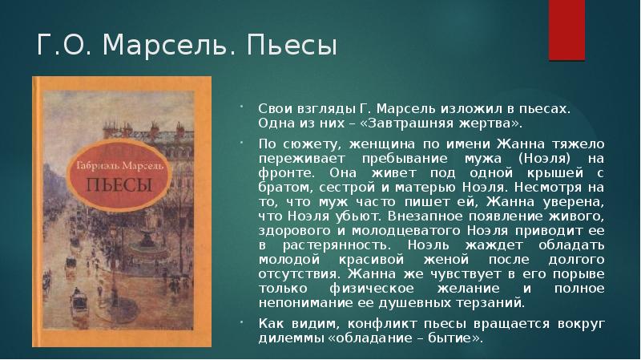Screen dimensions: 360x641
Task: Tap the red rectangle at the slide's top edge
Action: [566, 24]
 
